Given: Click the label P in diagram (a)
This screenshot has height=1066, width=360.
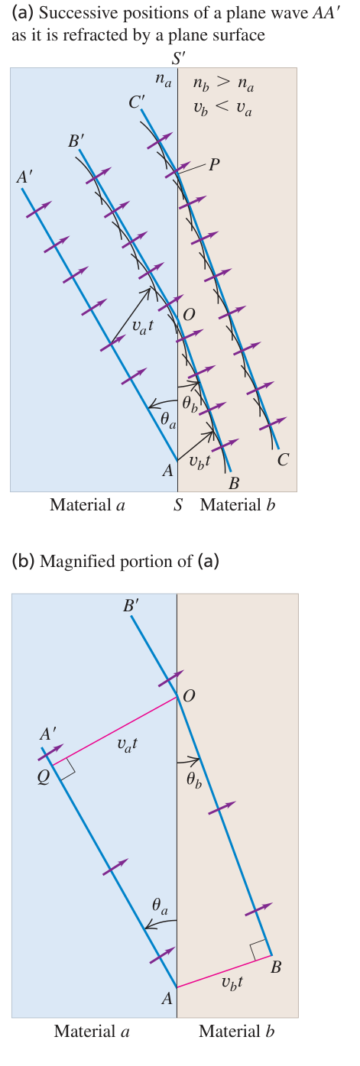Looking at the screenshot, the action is (x=214, y=164).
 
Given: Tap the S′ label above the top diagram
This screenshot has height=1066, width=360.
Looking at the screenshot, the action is (x=179, y=59).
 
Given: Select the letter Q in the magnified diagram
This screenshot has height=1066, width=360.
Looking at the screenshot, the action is (x=44, y=779).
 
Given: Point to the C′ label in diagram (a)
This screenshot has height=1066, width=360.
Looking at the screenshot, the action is (x=137, y=102).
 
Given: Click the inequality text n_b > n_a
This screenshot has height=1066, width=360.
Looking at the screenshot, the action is (x=223, y=84).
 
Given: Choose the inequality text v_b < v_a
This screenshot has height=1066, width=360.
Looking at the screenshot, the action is (x=223, y=109).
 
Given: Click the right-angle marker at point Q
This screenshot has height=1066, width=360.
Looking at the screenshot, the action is (x=67, y=768).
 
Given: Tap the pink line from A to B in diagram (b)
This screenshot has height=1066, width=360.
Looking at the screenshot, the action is (x=224, y=971).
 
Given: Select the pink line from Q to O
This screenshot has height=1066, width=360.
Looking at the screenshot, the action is (x=115, y=731).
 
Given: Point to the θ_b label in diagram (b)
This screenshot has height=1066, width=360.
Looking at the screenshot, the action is (x=193, y=780).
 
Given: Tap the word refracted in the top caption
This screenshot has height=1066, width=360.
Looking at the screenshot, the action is (x=107, y=34).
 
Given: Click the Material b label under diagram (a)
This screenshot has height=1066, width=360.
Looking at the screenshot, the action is (x=238, y=504).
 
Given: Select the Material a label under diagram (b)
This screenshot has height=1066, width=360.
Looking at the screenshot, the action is (x=92, y=1031).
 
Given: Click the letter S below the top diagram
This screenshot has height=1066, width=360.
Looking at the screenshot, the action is (x=178, y=504).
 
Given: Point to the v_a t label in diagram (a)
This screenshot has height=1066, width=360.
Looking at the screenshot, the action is (x=143, y=326).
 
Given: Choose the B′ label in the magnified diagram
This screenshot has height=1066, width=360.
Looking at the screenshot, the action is (x=131, y=605).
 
